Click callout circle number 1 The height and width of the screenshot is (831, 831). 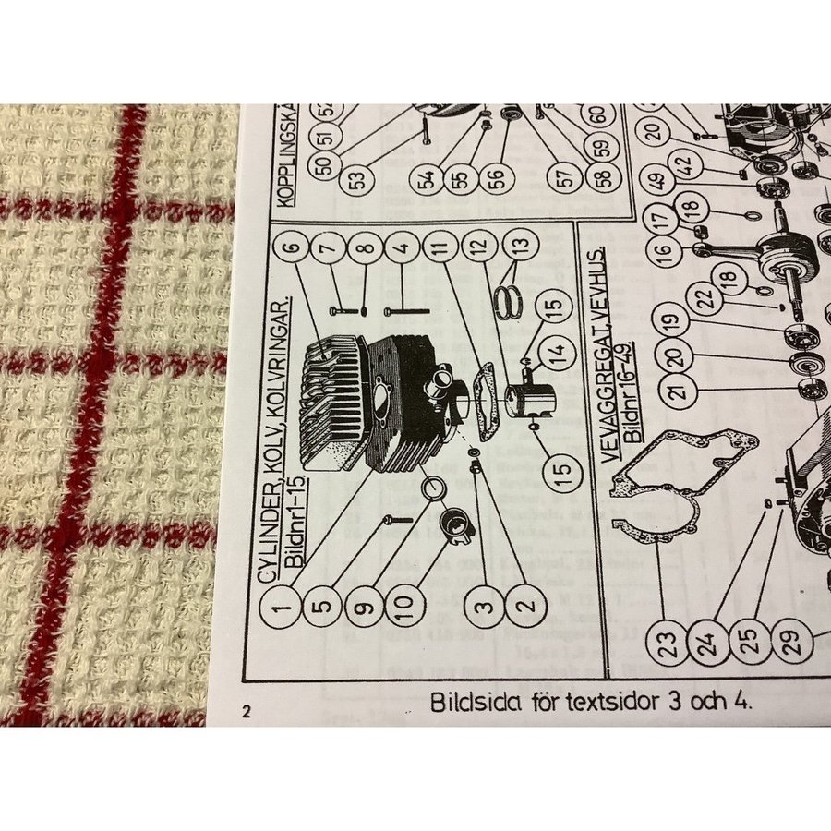coord(278,607)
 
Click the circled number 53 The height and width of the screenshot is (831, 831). coord(355,176)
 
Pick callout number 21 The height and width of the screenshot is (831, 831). coord(680,392)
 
